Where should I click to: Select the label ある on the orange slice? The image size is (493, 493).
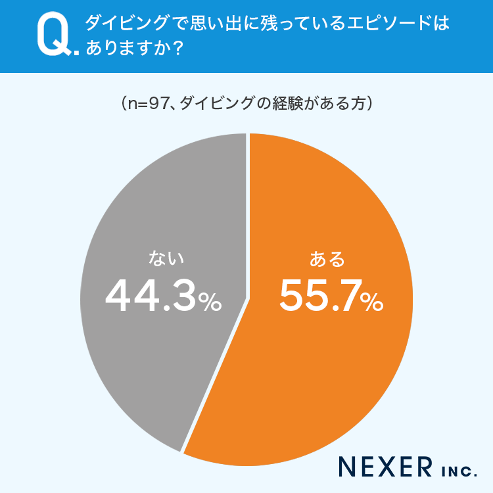click(x=327, y=260)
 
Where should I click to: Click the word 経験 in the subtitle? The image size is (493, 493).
click(x=289, y=104)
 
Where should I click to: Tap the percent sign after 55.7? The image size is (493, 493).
click(x=371, y=302)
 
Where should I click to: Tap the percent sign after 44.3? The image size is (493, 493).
click(x=210, y=302)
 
